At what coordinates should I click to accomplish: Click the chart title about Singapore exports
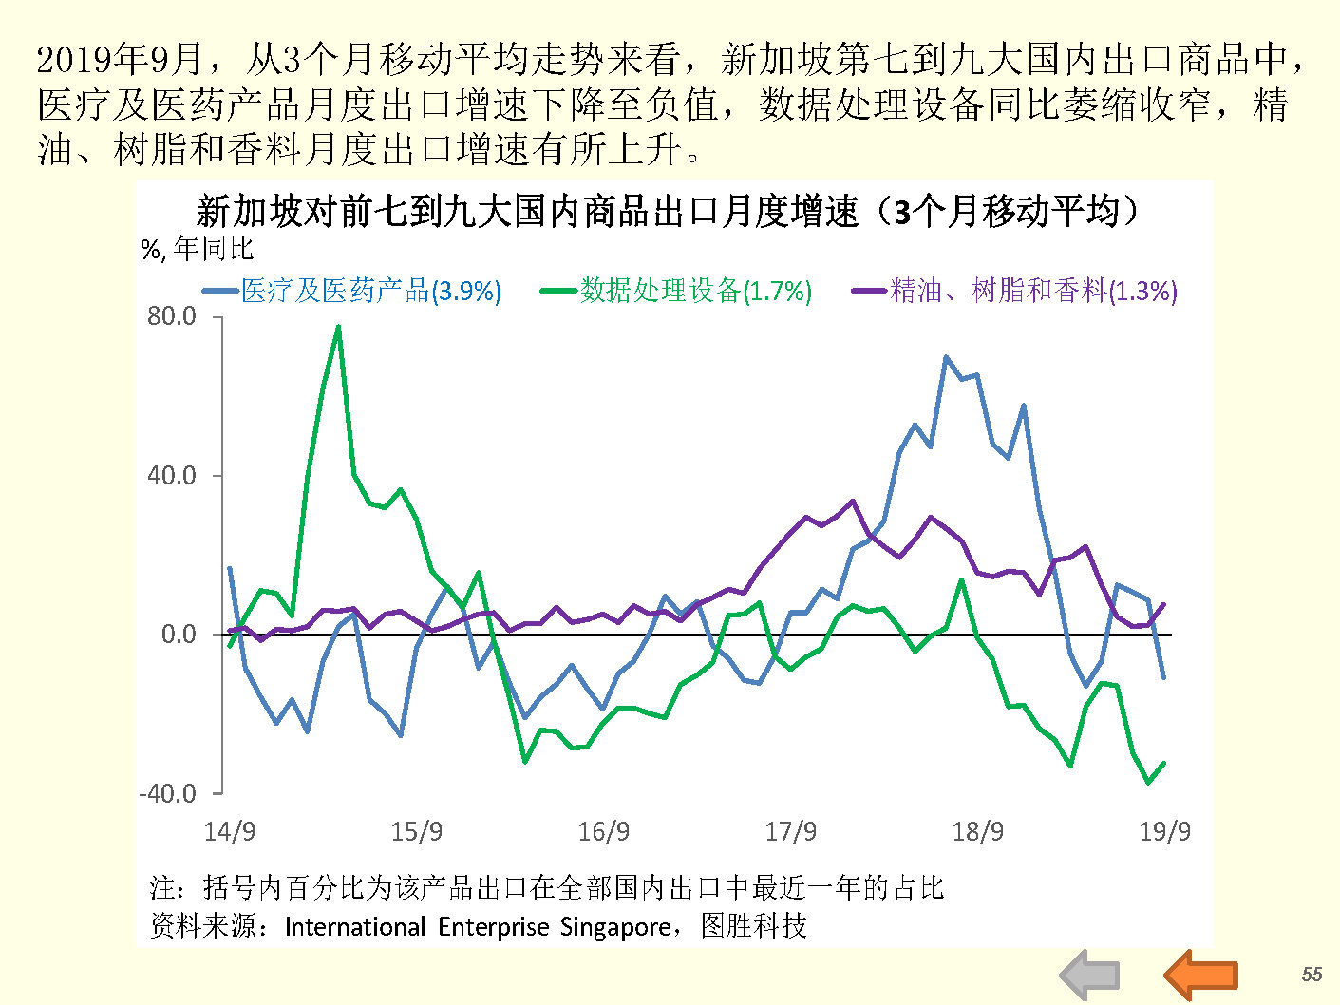click(x=667, y=211)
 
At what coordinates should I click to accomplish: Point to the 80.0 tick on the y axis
click(x=172, y=316)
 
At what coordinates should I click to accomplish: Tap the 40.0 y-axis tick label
click(x=172, y=475)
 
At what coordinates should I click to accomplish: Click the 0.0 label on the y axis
click(x=179, y=634)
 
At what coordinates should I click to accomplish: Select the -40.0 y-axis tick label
click(x=168, y=793)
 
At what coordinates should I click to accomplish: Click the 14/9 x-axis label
click(x=230, y=832)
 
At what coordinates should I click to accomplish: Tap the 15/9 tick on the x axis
click(x=417, y=832)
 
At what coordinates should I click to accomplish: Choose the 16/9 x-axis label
click(x=604, y=832)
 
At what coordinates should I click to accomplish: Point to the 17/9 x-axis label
click(x=791, y=832)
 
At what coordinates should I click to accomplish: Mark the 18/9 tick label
click(x=978, y=832)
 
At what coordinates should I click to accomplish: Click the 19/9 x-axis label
click(x=1164, y=832)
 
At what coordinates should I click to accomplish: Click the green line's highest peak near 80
click(x=339, y=328)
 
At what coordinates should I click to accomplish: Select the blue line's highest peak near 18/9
click(x=946, y=358)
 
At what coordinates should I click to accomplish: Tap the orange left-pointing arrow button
click(x=1200, y=975)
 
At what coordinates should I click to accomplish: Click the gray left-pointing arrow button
click(x=1090, y=975)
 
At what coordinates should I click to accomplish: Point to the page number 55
click(x=1312, y=974)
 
